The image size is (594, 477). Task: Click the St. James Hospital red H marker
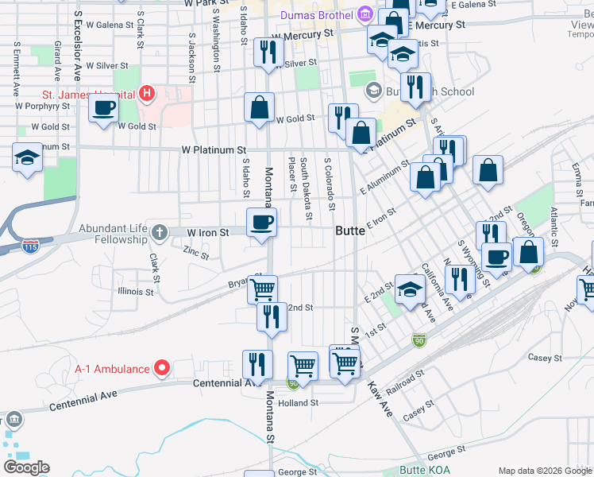coord(146,94)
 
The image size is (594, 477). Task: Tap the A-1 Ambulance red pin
coord(163,368)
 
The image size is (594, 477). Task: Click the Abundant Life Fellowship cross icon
coord(159,232)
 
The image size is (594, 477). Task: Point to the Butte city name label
coord(349,231)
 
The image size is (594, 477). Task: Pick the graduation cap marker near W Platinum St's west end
coord(28,156)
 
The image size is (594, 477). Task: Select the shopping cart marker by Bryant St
coord(263,288)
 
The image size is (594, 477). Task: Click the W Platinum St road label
coord(214,149)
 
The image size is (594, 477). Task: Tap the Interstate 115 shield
coord(31,245)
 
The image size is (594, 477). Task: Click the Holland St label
coord(299,403)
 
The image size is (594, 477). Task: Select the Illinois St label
coord(135,292)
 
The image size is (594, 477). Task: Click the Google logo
coord(27,467)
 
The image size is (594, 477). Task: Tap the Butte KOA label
coord(425,470)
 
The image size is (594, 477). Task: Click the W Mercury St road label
coord(301,36)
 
